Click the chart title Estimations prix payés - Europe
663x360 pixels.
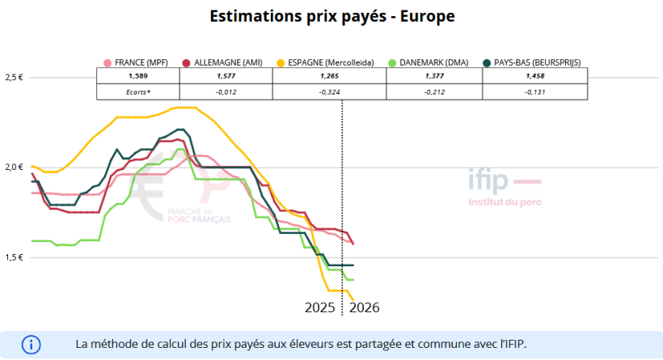[x=331, y=16]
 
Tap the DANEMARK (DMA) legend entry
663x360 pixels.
[x=429, y=62]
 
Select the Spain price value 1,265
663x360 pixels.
[x=330, y=76]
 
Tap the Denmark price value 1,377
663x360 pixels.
[x=434, y=76]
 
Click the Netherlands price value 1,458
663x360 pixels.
[x=534, y=76]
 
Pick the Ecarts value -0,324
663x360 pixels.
[x=330, y=91]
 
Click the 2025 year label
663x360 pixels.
[x=320, y=308]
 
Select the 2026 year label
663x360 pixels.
[x=364, y=308]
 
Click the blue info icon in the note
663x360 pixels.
[x=31, y=343]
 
